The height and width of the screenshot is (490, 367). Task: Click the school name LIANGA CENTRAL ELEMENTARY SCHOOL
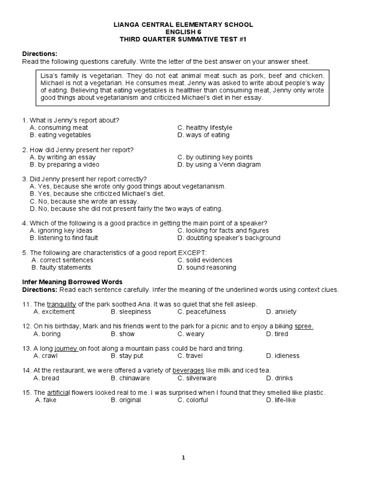[183, 24]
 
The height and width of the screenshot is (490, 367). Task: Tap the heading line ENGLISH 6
[183, 32]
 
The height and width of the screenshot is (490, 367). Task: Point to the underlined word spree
[304, 326]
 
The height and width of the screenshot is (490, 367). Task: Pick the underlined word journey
[66, 348]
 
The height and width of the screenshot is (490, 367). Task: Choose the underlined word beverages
[188, 370]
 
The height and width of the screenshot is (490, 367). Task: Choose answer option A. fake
[46, 400]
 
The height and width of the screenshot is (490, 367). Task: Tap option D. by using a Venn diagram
[219, 165]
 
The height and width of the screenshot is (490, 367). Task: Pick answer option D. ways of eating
[203, 135]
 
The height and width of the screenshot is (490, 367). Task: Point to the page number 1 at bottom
[183, 457]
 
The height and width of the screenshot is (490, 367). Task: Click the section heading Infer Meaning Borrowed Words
[72, 282]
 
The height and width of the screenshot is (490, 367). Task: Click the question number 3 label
[24, 179]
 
